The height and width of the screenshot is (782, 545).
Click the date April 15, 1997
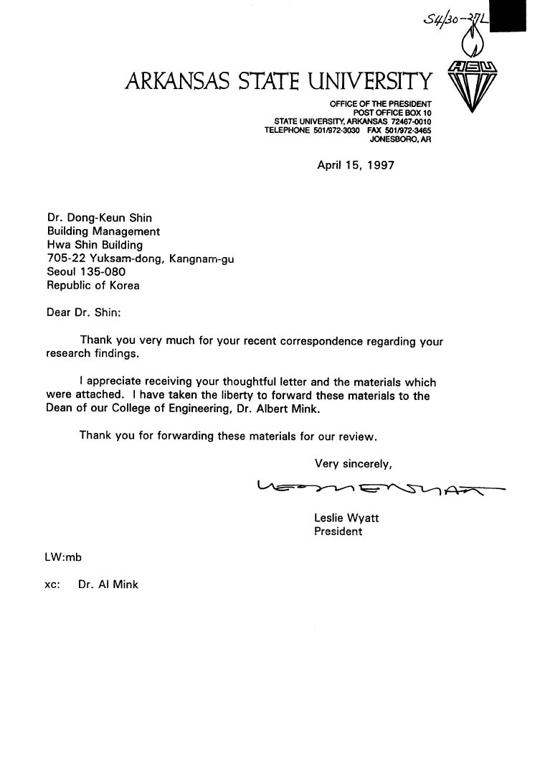(356, 164)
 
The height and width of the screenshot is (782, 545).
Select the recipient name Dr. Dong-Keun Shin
(99, 219)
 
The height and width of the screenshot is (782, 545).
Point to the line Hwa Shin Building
(95, 245)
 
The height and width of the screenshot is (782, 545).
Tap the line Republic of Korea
(93, 284)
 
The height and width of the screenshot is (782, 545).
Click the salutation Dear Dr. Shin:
(85, 314)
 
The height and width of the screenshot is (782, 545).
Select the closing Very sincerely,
(353, 462)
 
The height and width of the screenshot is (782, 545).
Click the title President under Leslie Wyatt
(338, 531)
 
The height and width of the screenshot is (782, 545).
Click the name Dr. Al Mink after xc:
(108, 585)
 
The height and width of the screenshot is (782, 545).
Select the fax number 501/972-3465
(411, 130)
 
